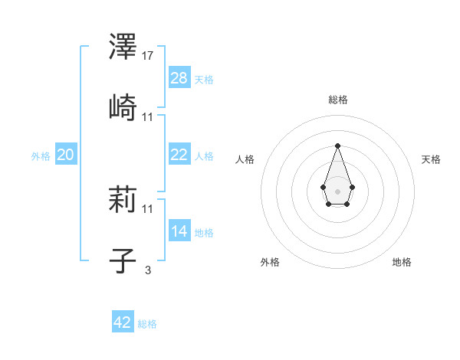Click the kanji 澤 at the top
pos(123,47)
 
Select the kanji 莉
pos(123,201)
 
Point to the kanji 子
pos(123,260)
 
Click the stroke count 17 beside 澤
pos(149,56)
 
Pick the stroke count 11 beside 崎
pos(149,116)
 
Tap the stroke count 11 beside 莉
pos(149,208)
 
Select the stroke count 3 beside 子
pos(148,269)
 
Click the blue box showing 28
pos(179,78)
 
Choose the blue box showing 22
pos(179,155)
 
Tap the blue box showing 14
pos(179,231)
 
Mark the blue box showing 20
pos(66,155)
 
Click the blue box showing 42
pos(123,322)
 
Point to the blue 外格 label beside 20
pos(41,155)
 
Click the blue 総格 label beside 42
pos(147,324)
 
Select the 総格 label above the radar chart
pos(337,100)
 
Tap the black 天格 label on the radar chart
pos(431,159)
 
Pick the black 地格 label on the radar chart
pos(402,262)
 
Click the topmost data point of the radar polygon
pos(337,146)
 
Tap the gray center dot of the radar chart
pos(337,191)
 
